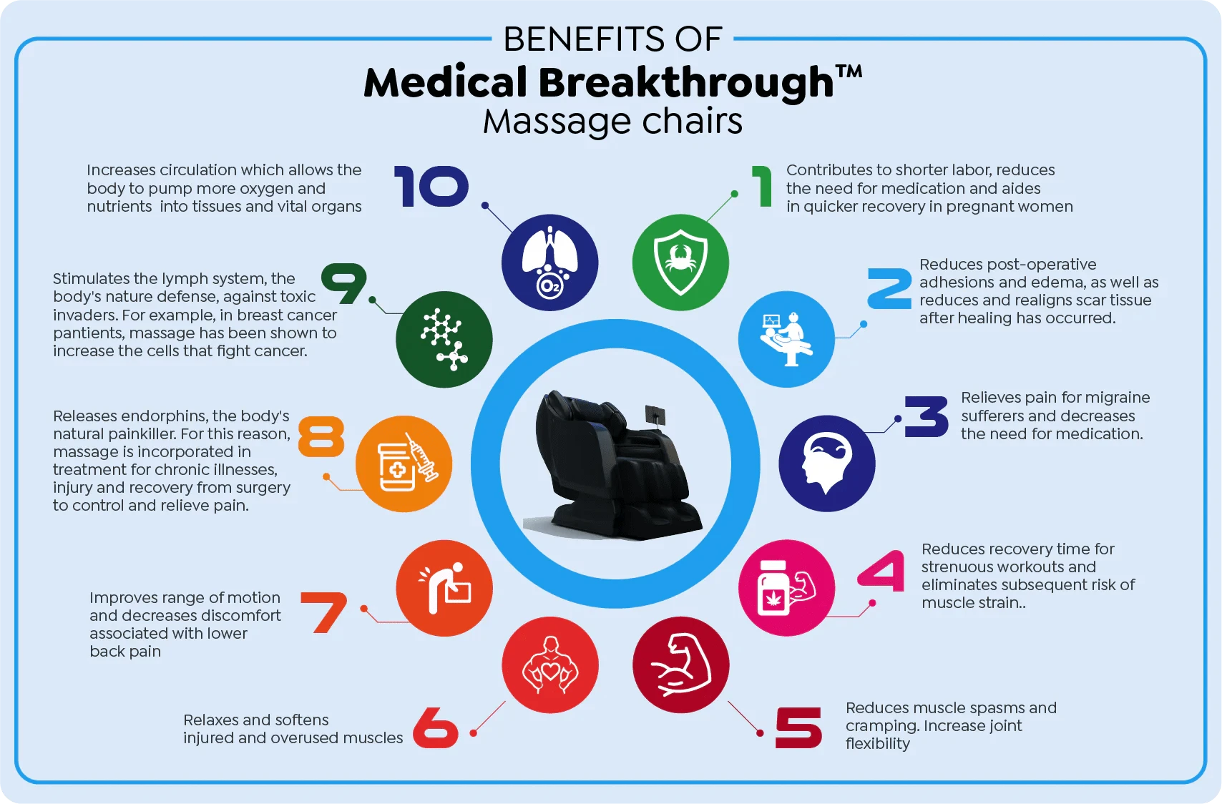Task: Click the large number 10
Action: pos(431,187)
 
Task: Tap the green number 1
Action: pos(763,187)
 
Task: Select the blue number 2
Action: pos(890,288)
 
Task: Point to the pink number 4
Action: pos(881,571)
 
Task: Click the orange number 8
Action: pos(321,436)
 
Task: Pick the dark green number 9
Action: pos(343,284)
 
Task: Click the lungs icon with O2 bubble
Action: pos(550,263)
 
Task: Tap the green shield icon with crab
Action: pos(680,263)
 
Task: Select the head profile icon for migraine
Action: pos(826,464)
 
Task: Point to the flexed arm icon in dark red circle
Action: pos(681,665)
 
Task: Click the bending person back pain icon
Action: pos(444,588)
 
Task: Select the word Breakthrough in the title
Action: pos(686,82)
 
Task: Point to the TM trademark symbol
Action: pos(849,71)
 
